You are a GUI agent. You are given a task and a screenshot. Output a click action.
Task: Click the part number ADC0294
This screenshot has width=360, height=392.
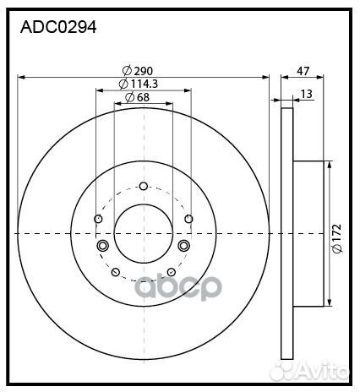[58, 27]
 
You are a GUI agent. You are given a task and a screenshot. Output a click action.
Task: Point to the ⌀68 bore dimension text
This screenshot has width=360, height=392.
[137, 99]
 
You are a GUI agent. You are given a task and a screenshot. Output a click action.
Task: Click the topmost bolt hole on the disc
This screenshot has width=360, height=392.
[143, 187]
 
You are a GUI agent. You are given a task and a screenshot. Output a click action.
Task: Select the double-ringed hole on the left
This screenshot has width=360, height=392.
[103, 246]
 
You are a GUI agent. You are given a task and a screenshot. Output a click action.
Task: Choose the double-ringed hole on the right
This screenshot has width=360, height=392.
[183, 246]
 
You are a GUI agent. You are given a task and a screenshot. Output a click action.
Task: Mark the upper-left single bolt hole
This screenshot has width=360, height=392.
[99, 220]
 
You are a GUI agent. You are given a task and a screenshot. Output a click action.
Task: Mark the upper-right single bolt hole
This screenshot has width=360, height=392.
[188, 220]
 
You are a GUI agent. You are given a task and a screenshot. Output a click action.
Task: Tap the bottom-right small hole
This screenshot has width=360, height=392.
[171, 272]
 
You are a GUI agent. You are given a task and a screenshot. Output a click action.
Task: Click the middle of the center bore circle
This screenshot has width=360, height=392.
[143, 233]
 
